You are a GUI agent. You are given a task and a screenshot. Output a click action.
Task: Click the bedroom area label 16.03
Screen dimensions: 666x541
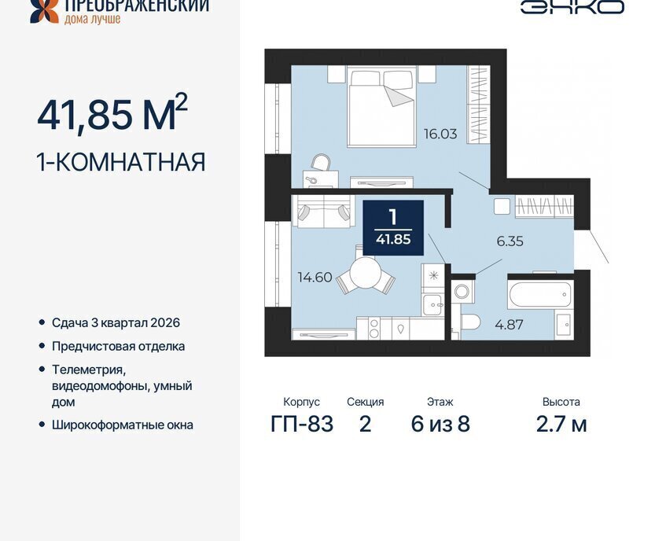pyautogui.click(x=440, y=134)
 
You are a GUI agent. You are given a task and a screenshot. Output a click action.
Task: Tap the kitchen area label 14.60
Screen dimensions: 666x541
pyautogui.click(x=315, y=278)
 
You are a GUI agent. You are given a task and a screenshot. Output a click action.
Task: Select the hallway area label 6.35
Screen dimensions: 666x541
pyautogui.click(x=510, y=241)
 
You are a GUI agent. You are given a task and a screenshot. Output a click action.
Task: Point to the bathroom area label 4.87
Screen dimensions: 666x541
pyautogui.click(x=509, y=325)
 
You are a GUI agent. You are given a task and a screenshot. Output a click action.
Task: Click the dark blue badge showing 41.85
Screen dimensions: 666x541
pyautogui.click(x=393, y=227)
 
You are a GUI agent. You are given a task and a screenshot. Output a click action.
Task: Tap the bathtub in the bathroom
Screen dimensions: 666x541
pyautogui.click(x=540, y=294)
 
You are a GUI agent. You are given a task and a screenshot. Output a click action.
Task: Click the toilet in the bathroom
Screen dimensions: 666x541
pyautogui.click(x=469, y=322)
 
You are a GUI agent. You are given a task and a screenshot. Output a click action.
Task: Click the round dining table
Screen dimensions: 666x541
pyautogui.click(x=364, y=273)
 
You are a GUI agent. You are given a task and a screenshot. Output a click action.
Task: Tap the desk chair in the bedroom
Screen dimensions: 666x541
pyautogui.click(x=321, y=162)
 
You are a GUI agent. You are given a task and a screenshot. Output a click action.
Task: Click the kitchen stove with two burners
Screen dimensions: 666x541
pyautogui.click(x=374, y=328)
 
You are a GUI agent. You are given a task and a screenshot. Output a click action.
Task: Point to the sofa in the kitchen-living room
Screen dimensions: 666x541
pyautogui.click(x=324, y=211)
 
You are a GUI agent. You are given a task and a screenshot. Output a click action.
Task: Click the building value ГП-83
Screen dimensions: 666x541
pyautogui.click(x=302, y=424)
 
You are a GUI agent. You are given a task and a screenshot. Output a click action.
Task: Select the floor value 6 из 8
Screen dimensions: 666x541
pyautogui.click(x=440, y=424)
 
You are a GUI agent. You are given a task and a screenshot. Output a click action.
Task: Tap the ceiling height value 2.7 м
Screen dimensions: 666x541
pyautogui.click(x=561, y=424)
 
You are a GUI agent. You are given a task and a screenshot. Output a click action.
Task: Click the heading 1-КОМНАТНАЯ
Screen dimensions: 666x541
pyautogui.click(x=121, y=162)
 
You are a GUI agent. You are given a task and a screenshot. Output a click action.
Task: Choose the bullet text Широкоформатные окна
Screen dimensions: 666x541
pyautogui.click(x=123, y=425)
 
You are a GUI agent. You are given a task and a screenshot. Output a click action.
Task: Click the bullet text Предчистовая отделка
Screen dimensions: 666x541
pyautogui.click(x=118, y=347)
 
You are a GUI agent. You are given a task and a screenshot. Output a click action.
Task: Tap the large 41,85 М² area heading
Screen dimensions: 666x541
pyautogui.click(x=112, y=113)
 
